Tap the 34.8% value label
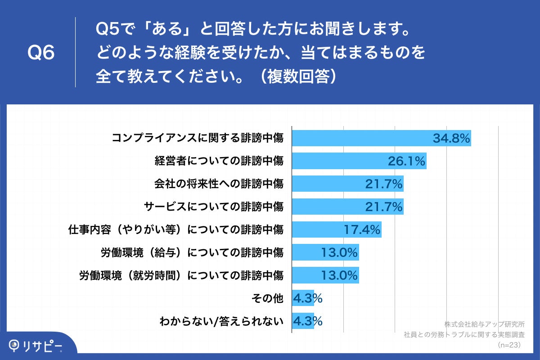[x=451, y=139]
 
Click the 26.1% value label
[x=407, y=162]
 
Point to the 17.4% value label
[x=362, y=229]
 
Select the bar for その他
[x=303, y=298]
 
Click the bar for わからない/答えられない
[x=303, y=321]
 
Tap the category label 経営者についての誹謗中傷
[x=219, y=161]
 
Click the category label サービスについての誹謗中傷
[x=214, y=207]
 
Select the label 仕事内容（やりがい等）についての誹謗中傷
[x=176, y=230]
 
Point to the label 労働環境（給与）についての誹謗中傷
[x=192, y=252]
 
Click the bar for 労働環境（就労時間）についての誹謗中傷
[x=325, y=275]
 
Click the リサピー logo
[x=36, y=346]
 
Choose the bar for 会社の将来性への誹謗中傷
[x=347, y=184]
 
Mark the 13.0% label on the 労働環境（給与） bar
[x=339, y=252]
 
